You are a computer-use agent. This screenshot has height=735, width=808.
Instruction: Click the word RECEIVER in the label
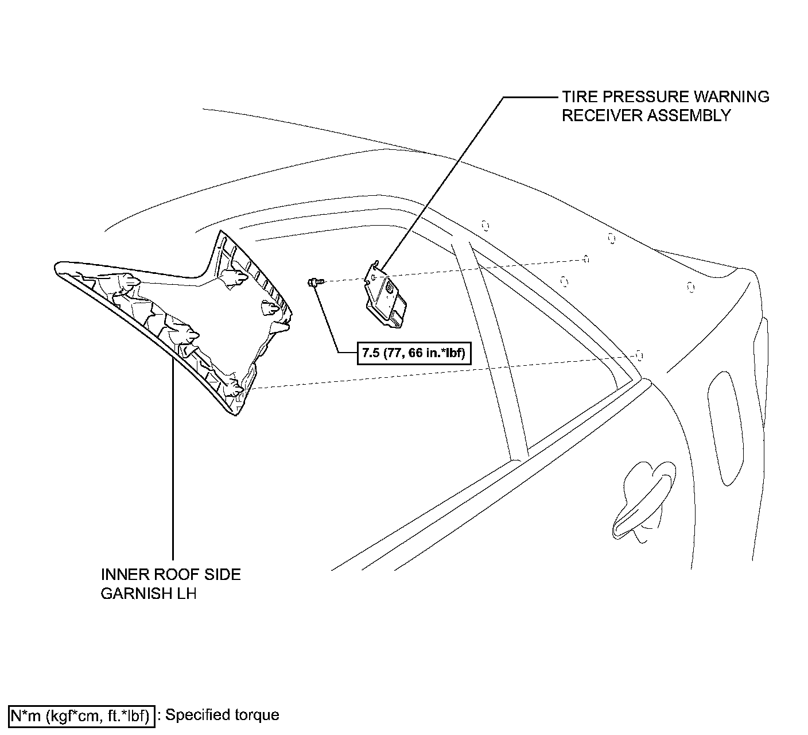(602, 115)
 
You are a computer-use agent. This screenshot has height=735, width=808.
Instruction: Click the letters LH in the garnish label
(185, 594)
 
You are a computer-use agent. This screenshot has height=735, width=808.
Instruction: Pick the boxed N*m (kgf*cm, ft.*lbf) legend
(82, 715)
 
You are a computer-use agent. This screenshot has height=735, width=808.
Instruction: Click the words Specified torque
(222, 715)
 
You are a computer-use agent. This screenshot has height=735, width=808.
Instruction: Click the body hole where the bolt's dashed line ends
(586, 259)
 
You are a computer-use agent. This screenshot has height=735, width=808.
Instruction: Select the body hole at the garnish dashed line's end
(639, 355)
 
